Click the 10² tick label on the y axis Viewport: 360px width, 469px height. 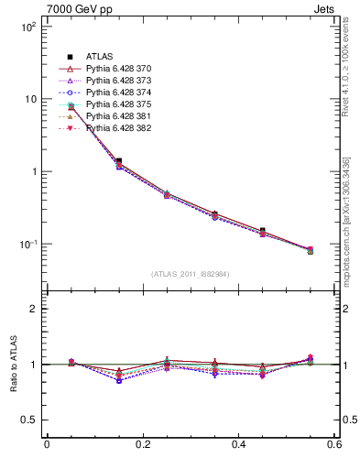(27, 27)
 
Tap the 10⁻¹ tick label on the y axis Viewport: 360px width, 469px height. (27, 245)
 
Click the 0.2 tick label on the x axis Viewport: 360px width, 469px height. (143, 444)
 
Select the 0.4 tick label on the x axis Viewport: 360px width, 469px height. (239, 444)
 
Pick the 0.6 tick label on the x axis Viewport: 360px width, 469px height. (334, 444)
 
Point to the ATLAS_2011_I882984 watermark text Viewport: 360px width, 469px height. (191, 274)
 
